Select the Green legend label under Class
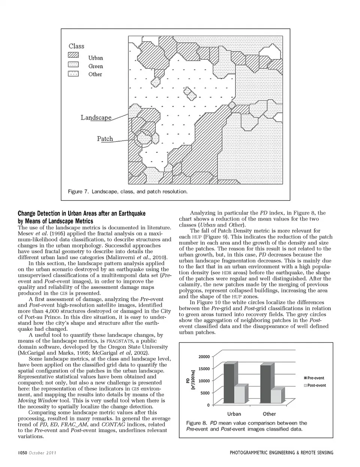(96, 66)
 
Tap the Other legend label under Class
(95, 74)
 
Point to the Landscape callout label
(96, 117)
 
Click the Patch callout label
(105, 139)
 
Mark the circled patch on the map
(143, 139)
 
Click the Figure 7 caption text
(127, 192)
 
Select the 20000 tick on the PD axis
(204, 357)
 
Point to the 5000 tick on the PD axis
(205, 393)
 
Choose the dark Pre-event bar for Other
(265, 383)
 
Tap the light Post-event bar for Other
(276, 396)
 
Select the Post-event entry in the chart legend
(314, 385)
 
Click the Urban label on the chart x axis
(234, 414)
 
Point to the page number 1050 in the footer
(21, 453)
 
